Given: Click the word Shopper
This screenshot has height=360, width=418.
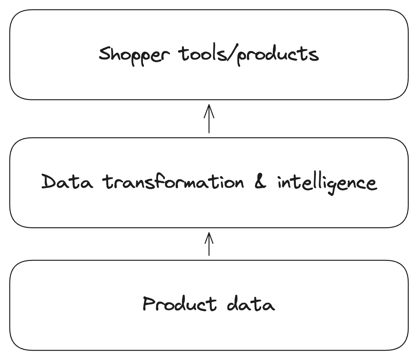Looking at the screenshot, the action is click(x=134, y=55).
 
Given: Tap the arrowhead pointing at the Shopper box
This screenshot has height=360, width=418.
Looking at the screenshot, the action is click(x=209, y=108).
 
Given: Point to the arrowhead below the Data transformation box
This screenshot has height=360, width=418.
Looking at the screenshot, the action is click(x=209, y=236).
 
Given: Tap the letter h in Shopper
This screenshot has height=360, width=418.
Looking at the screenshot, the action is click(x=116, y=54).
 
